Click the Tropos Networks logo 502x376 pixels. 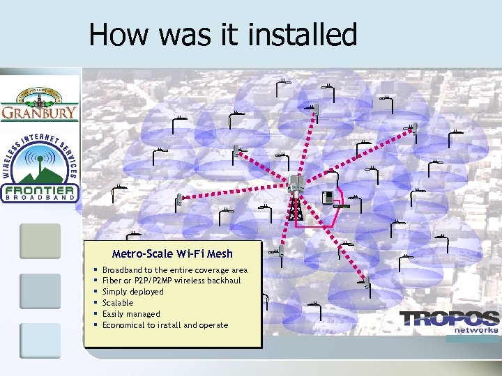(x=450, y=322)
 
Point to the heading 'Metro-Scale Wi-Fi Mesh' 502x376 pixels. (x=172, y=254)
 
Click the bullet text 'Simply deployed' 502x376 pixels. (x=133, y=292)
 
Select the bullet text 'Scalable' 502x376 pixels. (x=118, y=303)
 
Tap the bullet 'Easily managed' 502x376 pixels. (x=131, y=314)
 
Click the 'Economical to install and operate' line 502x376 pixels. (x=165, y=325)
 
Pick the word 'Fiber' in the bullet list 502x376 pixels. (x=112, y=281)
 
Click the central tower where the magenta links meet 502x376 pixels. (x=296, y=195)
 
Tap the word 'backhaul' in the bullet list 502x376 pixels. (x=223, y=281)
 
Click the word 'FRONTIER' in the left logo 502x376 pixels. (x=40, y=190)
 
